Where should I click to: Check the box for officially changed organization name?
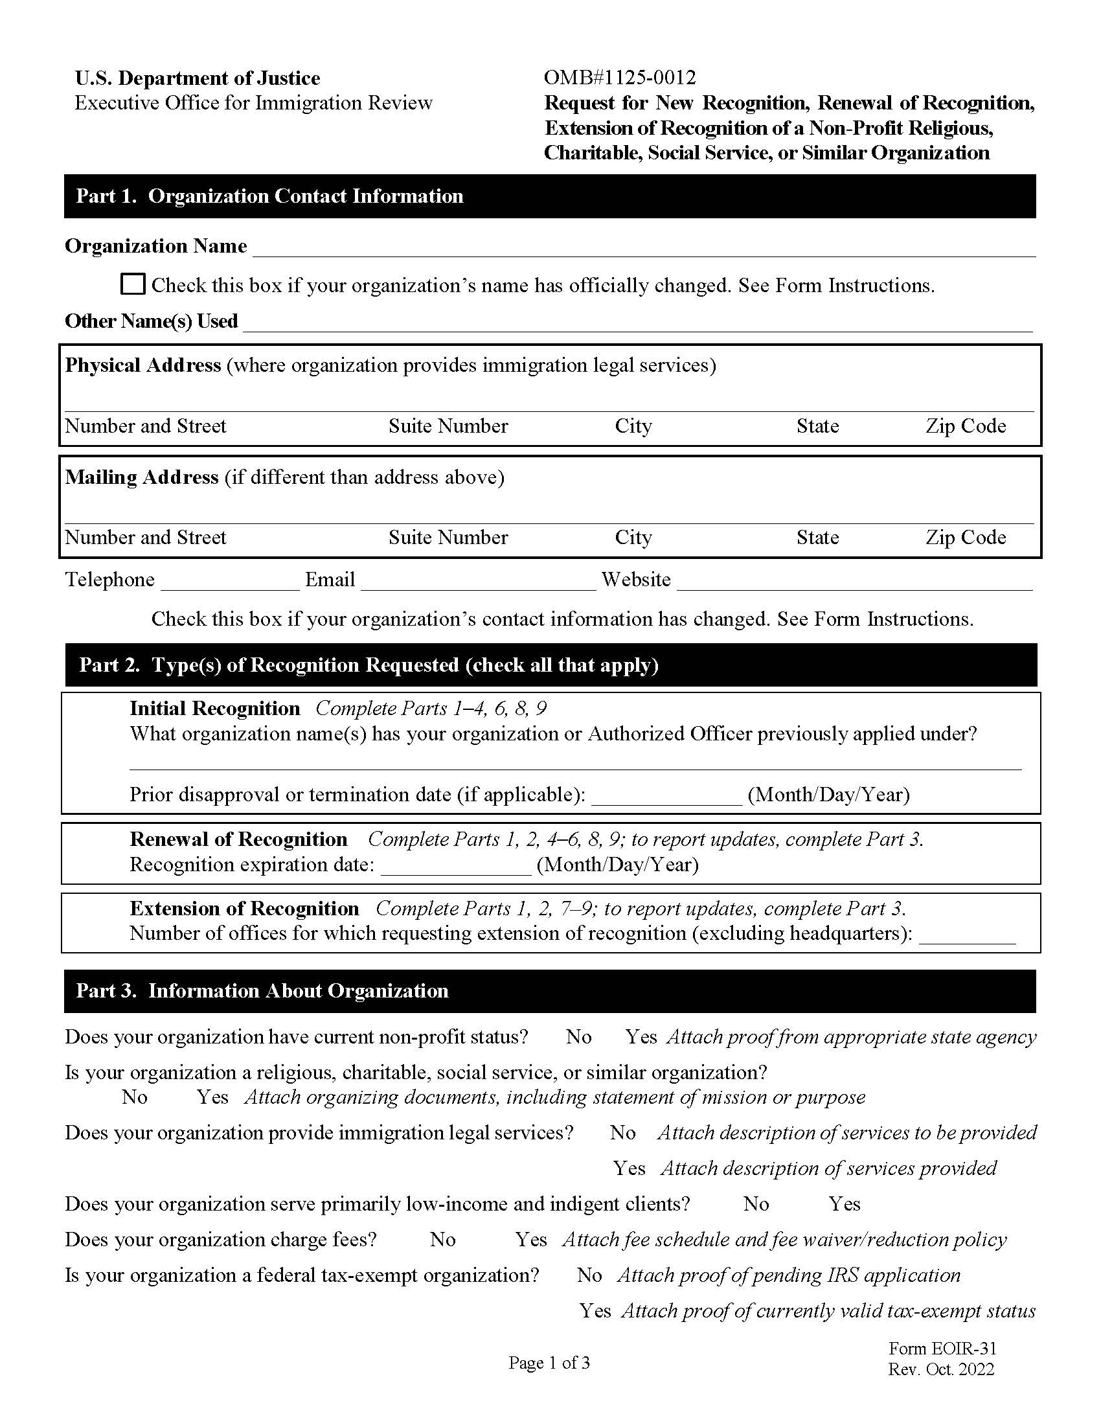pos(132,284)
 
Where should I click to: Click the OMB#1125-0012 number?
pos(620,78)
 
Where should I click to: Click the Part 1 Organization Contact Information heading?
pos(269,196)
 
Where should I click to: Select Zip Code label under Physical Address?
pos(966,426)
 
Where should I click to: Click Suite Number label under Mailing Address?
pos(448,538)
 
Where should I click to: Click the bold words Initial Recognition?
pos(214,709)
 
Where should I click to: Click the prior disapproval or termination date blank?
pos(666,796)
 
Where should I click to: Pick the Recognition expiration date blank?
pos(455,866)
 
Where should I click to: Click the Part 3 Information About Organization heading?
pos(262,990)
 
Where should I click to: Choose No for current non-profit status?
pos(578,1037)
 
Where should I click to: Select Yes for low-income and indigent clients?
pos(844,1203)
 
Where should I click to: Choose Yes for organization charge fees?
pos(530,1239)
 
